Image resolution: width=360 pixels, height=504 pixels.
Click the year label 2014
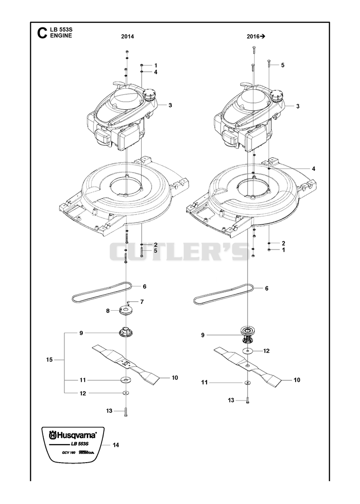(x=127, y=37)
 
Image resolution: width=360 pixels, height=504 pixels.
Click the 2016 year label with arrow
(x=256, y=37)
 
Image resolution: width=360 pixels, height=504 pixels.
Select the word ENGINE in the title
(x=61, y=36)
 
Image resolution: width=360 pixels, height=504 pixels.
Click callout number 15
(x=49, y=360)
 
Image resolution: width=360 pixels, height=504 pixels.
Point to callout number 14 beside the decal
(x=116, y=445)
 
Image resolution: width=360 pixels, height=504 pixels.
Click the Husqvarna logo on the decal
(x=73, y=436)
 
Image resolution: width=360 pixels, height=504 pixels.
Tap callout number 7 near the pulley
(x=142, y=302)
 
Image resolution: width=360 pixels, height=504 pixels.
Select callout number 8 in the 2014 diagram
(x=108, y=311)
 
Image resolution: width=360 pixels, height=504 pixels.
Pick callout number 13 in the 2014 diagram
(x=109, y=411)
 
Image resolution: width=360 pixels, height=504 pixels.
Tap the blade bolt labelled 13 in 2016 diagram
(x=247, y=401)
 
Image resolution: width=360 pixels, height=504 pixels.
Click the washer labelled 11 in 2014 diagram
(x=125, y=380)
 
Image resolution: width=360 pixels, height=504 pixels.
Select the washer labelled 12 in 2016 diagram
(x=247, y=351)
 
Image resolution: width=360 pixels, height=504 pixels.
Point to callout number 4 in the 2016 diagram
(x=314, y=169)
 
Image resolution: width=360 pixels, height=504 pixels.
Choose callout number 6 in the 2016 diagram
(x=266, y=289)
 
